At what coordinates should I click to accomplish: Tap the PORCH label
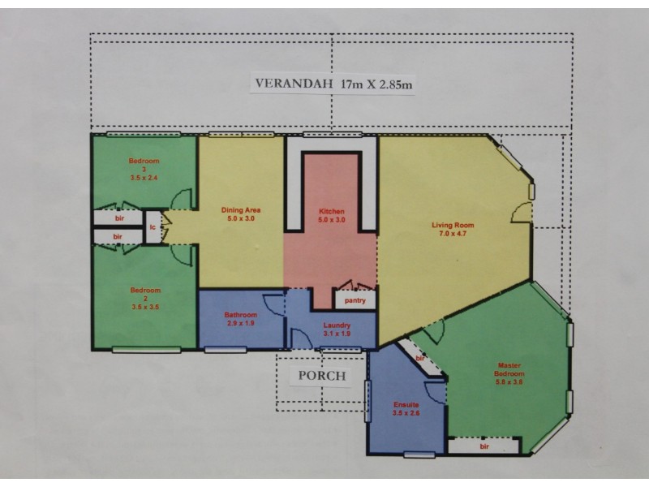tap(322, 375)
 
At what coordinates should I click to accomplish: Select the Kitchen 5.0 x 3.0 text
tap(332, 215)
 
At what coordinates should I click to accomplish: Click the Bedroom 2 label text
tap(145, 298)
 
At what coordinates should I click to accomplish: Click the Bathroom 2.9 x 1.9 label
tap(241, 319)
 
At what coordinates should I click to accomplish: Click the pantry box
tap(355, 300)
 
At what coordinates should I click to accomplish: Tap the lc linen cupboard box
tap(153, 228)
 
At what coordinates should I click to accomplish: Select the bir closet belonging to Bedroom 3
tap(118, 218)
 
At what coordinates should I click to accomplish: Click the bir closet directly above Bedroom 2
tap(118, 236)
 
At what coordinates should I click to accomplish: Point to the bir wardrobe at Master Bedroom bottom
tap(484, 446)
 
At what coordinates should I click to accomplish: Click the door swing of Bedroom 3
tap(183, 199)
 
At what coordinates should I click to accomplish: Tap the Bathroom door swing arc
tap(274, 304)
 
